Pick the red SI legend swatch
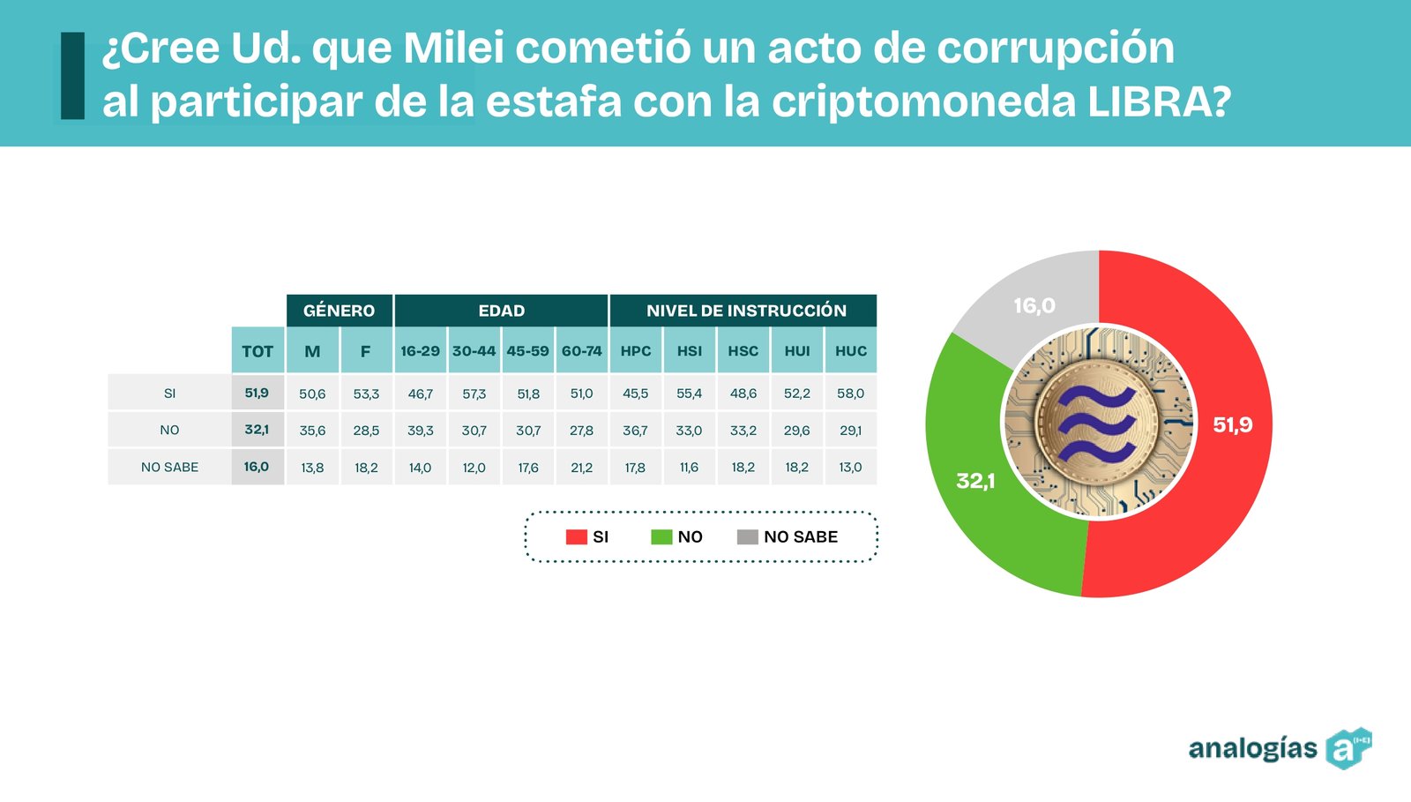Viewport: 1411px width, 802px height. [576, 536]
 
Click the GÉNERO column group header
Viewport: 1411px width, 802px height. [339, 311]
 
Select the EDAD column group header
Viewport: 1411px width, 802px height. [501, 311]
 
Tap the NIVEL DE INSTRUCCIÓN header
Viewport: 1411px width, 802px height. [745, 311]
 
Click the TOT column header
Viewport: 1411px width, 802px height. [258, 351]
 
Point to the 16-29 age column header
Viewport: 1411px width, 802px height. [420, 351]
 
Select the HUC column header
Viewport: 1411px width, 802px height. [851, 351]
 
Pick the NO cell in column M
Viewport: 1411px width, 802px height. [312, 431]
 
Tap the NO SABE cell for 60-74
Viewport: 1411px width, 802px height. [581, 468]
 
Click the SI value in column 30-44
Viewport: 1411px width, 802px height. [474, 394]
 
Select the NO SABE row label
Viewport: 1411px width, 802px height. [169, 468]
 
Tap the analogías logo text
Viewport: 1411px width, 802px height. [1252, 749]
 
